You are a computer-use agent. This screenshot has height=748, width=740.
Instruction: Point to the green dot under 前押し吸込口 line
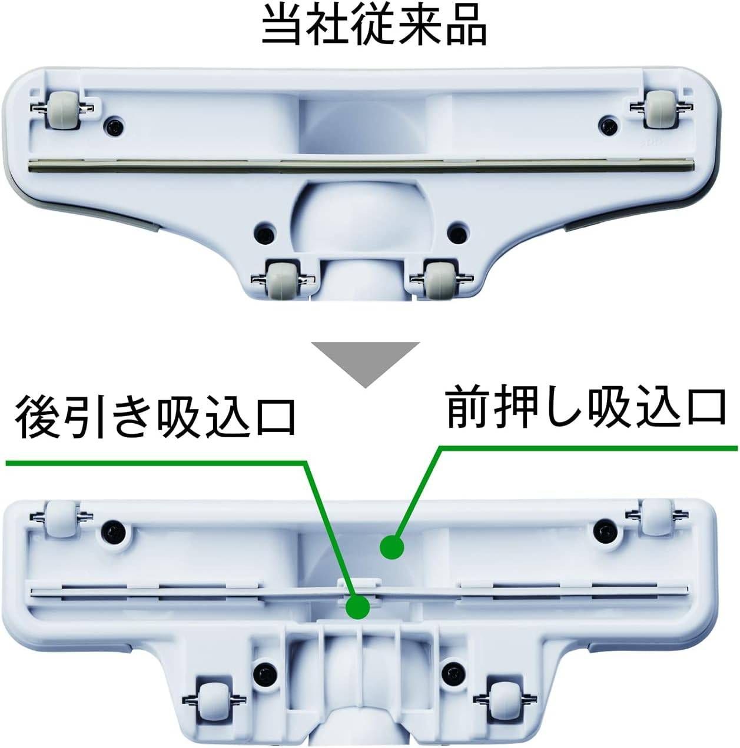pyautogui.click(x=392, y=547)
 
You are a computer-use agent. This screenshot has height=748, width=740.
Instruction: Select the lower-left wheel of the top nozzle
pyautogui.click(x=283, y=279)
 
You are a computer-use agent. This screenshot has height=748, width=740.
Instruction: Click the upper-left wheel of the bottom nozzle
pyautogui.click(x=61, y=517)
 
